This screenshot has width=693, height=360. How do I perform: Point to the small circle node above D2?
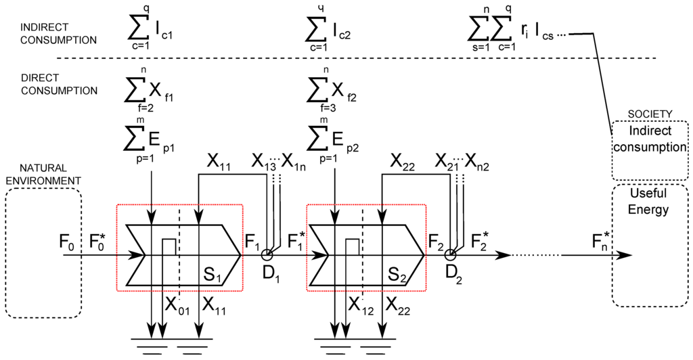click(x=451, y=255)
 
